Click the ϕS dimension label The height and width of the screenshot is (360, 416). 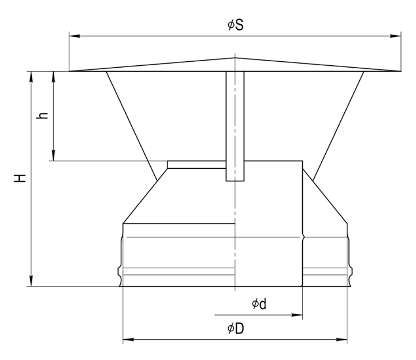tap(235, 25)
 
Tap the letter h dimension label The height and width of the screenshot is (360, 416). tap(42, 116)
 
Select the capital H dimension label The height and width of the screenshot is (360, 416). tap(20, 178)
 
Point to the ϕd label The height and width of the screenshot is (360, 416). tap(259, 304)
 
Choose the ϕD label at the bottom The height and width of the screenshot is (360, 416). tap(236, 328)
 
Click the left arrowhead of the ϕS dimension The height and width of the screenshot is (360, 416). tap(75, 36)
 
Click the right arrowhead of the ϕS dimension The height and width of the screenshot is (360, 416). tap(396, 36)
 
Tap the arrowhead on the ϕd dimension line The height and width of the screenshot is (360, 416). tap(297, 315)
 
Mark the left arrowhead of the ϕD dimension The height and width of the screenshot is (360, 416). tap(128, 339)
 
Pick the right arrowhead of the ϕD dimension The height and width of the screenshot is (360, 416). tap(341, 339)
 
